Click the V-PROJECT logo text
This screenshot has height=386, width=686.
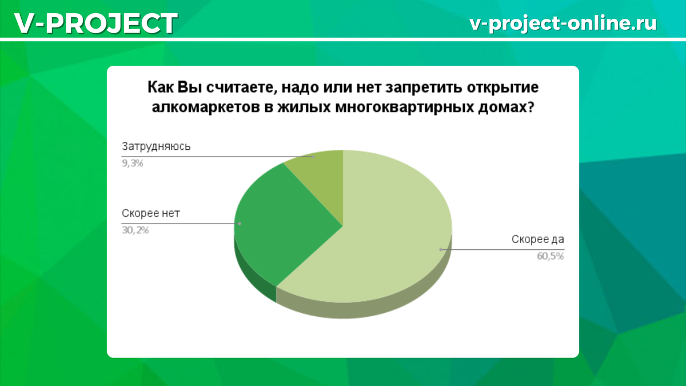pos(96,23)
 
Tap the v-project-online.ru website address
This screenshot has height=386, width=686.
pos(563,23)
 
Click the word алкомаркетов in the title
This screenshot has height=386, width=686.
pos(206,107)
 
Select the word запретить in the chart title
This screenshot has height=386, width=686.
pos(424,87)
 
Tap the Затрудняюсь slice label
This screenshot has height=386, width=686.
pos(156,146)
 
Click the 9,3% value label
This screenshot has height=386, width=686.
pos(133,164)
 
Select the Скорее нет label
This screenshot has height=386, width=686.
pos(151,213)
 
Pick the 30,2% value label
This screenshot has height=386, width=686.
pos(135,230)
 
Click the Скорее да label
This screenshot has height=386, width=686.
pos(538,239)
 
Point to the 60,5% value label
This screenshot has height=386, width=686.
pos(551,256)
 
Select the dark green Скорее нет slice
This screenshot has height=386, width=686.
pos(276,226)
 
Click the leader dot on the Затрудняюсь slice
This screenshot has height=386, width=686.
pos(313,157)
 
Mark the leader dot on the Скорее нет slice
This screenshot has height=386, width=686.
pos(240,224)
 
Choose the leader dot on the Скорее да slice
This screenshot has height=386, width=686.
pos(441,250)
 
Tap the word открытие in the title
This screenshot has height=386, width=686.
pos(502,87)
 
